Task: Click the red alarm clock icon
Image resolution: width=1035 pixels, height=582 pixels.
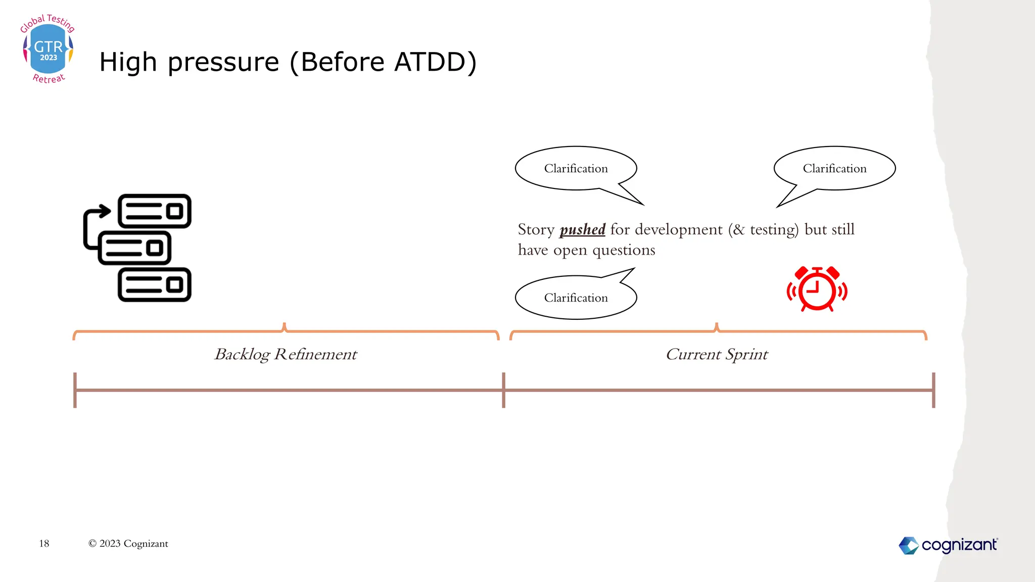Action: [x=817, y=289]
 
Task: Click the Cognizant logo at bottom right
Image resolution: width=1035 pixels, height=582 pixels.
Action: [x=948, y=545]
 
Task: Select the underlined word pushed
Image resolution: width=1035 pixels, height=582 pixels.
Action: [x=582, y=230]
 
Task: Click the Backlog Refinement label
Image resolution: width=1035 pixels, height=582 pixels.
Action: [x=286, y=354]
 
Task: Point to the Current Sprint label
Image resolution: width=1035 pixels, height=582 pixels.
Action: [x=717, y=354]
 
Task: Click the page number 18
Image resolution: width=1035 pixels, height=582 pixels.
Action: [x=44, y=544]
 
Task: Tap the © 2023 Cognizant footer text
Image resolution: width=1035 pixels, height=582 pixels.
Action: [x=128, y=544]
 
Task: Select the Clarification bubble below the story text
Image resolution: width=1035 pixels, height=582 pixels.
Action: [x=576, y=298]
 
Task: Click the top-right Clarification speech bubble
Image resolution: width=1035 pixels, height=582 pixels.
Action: [x=834, y=168]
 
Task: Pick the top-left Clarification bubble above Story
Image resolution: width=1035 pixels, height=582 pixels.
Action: [x=576, y=168]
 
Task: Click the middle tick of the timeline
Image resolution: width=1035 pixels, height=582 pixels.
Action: [x=503, y=390]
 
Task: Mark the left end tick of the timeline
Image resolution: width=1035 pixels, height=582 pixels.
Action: [x=75, y=390]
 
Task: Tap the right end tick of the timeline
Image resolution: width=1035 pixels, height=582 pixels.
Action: [x=933, y=390]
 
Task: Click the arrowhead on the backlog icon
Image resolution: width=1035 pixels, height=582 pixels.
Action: [x=105, y=211]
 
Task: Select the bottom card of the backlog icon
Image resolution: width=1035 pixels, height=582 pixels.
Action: [x=154, y=285]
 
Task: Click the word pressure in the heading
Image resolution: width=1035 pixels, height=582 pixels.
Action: [x=223, y=63]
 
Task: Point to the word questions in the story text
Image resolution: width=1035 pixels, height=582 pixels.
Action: [x=623, y=251]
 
